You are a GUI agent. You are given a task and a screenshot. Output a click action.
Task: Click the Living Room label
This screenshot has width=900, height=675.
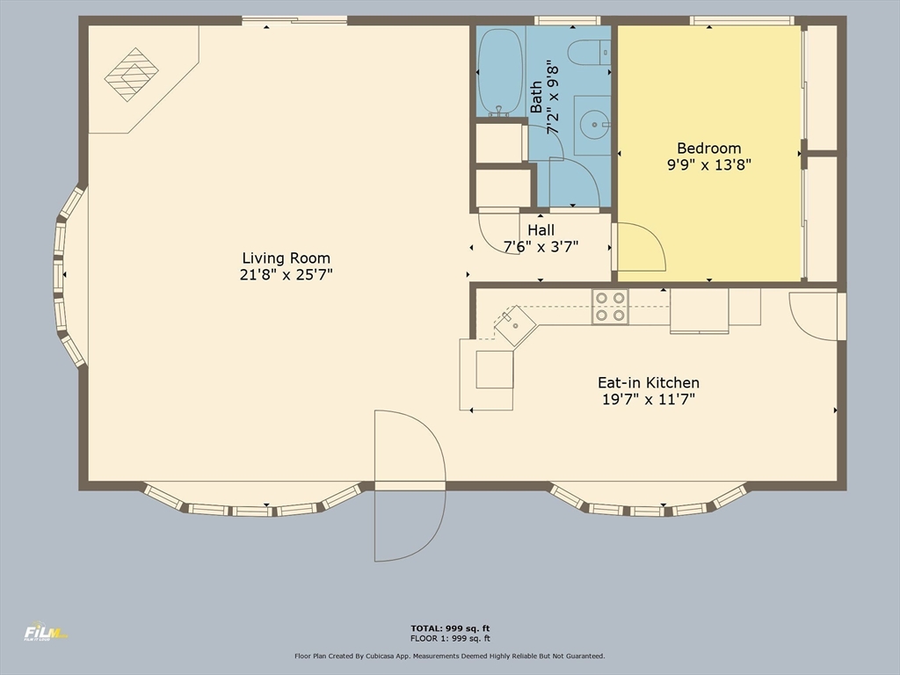(x=286, y=258)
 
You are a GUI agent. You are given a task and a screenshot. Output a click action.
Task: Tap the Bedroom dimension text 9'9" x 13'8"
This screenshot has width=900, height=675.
(x=709, y=164)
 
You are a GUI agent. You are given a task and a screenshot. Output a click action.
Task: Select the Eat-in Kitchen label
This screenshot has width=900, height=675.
(x=649, y=383)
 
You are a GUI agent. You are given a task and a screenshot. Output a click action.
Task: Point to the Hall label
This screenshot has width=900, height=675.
(x=541, y=230)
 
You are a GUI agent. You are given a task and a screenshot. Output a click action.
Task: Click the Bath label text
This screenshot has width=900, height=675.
(x=535, y=97)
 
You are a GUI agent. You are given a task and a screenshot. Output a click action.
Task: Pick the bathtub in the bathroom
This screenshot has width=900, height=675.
(x=500, y=72)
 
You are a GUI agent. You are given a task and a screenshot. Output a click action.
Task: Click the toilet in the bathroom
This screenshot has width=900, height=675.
(x=589, y=53)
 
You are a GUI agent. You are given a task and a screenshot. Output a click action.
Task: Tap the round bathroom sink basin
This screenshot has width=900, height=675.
(x=594, y=125)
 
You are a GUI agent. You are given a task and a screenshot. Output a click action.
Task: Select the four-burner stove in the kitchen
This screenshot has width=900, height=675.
(x=610, y=307)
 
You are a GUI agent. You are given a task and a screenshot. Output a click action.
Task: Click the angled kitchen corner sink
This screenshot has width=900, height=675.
(x=515, y=325)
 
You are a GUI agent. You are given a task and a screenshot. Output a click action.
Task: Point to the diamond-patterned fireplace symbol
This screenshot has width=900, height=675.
(x=132, y=75)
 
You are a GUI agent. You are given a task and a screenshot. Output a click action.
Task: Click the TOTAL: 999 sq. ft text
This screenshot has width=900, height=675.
(x=450, y=628)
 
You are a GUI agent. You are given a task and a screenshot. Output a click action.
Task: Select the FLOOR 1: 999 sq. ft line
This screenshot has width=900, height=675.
(x=450, y=638)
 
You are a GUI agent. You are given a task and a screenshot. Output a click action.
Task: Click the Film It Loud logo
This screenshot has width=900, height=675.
(x=46, y=631)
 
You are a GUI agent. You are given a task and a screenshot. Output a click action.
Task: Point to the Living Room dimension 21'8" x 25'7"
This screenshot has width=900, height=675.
(x=286, y=274)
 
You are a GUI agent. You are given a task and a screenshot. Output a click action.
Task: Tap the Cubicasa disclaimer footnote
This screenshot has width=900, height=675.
(x=450, y=656)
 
